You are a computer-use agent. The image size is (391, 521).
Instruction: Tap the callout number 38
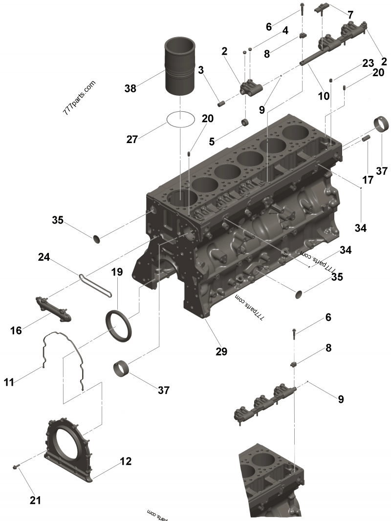click(130, 88)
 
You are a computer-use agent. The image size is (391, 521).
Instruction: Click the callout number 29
click(221, 351)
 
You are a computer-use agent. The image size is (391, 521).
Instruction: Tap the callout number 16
click(16, 331)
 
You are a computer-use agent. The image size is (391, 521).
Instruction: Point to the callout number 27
click(132, 139)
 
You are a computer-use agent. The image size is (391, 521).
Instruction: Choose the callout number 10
click(324, 97)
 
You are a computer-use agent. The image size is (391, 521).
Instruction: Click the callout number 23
click(368, 63)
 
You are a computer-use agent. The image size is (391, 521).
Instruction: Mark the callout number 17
click(368, 180)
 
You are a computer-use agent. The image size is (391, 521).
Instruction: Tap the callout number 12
click(126, 460)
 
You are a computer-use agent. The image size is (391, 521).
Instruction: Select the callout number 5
click(212, 142)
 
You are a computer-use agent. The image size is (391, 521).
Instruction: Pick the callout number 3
click(200, 70)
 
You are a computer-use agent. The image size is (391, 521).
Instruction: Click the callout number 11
click(9, 382)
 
